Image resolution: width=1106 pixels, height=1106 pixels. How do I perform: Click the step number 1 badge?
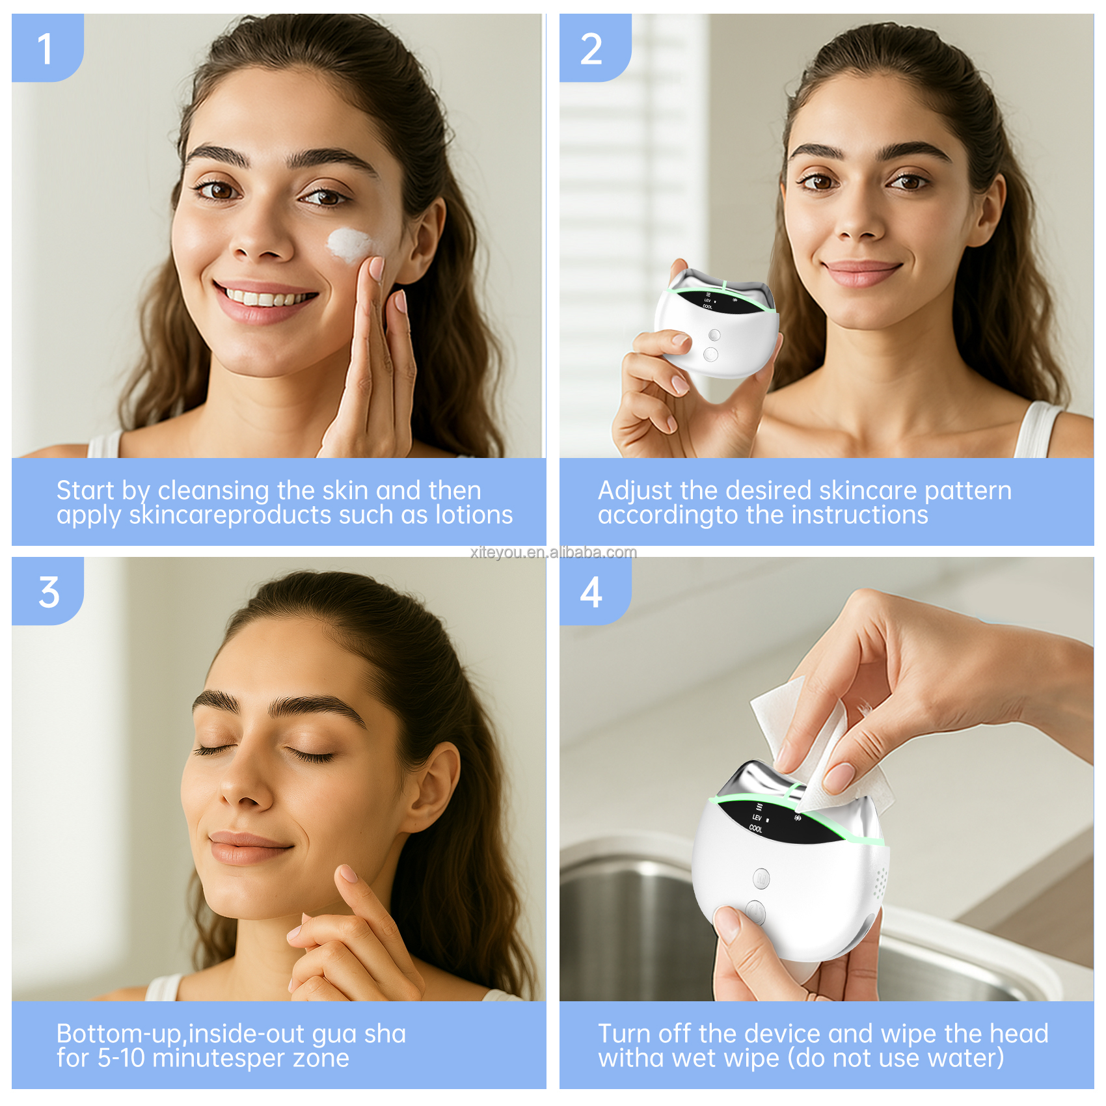tap(46, 49)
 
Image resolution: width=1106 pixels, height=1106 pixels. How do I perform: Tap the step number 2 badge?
tap(591, 49)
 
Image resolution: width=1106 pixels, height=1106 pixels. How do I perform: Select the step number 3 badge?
tap(49, 592)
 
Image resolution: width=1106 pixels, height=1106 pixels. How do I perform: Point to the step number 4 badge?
tap(591, 593)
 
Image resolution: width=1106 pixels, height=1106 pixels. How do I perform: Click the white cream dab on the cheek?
tap(351, 245)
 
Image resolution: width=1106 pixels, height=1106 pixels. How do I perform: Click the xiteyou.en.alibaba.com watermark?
tap(554, 552)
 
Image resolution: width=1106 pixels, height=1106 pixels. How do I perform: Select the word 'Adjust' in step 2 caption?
tap(635, 491)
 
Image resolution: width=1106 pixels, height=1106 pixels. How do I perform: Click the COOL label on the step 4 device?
tap(755, 829)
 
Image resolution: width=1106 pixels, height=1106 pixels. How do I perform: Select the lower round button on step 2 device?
tap(710, 355)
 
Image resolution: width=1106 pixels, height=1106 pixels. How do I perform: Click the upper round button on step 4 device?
tap(761, 878)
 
